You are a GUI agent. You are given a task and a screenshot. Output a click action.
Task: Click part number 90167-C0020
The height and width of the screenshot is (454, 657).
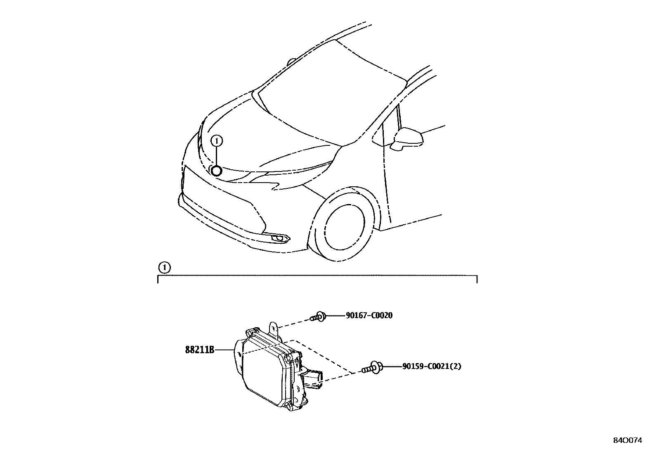[369, 316]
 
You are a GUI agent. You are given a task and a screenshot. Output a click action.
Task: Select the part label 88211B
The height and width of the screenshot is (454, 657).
[200, 350]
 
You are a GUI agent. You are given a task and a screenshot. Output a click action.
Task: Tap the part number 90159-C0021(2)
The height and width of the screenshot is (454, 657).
[432, 366]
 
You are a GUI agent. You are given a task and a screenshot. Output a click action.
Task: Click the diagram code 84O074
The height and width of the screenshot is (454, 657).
[629, 440]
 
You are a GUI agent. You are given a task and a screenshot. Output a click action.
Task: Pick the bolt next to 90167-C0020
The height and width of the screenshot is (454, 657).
[318, 317]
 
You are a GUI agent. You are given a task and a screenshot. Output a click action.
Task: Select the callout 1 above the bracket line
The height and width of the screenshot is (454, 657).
[165, 268]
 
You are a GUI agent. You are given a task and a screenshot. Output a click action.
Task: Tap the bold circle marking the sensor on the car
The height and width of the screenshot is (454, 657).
[216, 170]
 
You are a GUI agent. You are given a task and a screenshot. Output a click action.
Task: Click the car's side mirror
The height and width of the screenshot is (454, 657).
[407, 139]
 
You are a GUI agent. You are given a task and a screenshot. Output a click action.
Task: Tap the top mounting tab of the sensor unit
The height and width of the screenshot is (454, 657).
[274, 328]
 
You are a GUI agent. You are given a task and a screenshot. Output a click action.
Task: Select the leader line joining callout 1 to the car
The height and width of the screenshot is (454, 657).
[216, 155]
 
